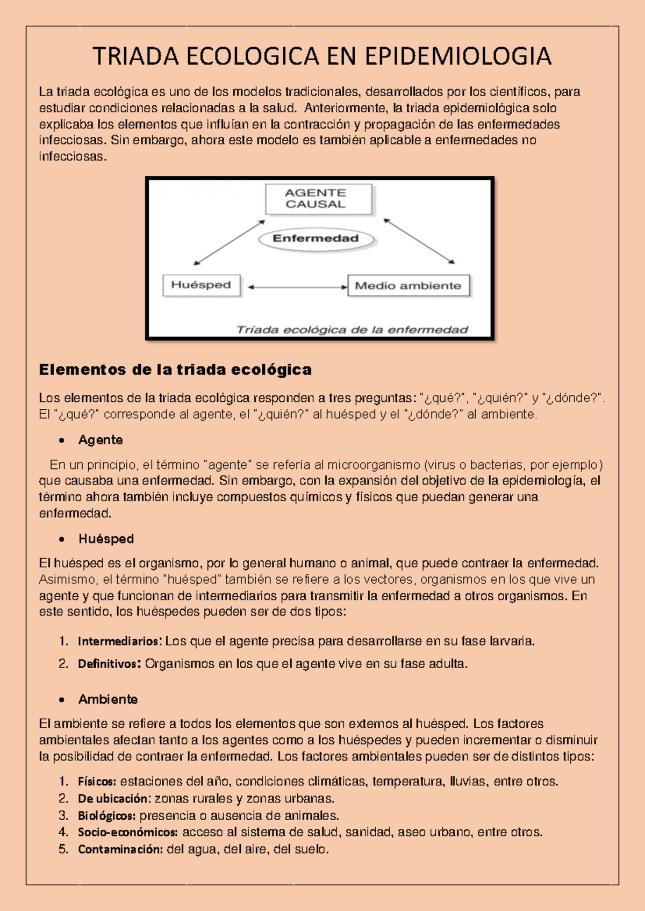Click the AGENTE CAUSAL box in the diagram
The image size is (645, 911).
point(318,199)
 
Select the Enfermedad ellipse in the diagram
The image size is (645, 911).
point(316,239)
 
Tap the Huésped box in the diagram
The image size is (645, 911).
point(202,285)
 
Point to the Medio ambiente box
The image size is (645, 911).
point(408,286)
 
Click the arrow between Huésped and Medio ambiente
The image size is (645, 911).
point(297,287)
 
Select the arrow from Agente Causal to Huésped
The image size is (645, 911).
point(230,242)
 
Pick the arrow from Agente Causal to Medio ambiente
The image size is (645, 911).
point(419,241)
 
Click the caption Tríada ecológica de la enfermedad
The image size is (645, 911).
point(353,330)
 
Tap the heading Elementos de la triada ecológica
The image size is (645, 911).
point(175,370)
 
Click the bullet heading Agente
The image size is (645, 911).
point(101,440)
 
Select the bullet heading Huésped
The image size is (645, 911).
point(106,539)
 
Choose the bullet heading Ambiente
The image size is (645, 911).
point(107,699)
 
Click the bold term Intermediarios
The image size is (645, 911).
point(119,641)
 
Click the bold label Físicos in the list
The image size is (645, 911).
point(97,781)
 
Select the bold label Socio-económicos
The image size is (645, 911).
point(128,833)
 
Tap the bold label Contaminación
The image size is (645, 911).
point(120,850)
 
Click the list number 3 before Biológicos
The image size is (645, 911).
point(63,815)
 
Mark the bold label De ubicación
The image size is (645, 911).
point(112,798)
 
